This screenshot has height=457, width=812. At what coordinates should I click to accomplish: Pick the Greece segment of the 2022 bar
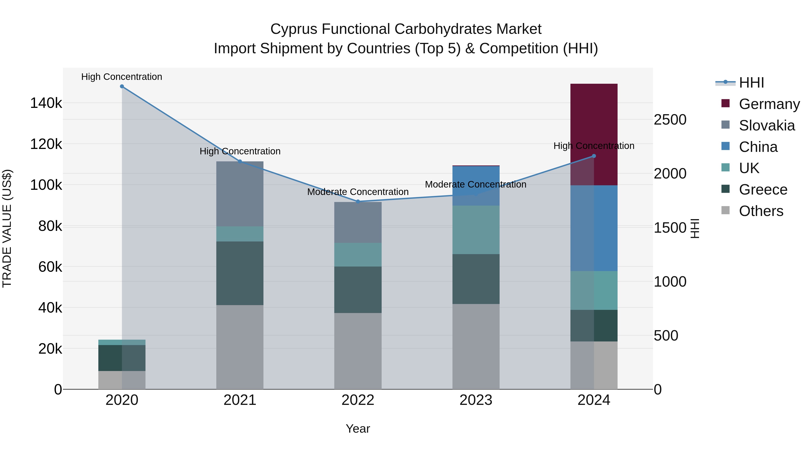click(358, 290)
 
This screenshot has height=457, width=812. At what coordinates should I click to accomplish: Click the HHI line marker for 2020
click(122, 86)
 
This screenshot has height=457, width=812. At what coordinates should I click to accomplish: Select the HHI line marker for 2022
click(358, 201)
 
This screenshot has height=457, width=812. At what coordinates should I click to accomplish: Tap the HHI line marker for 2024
click(594, 156)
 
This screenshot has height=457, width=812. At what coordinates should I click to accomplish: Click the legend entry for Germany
click(769, 104)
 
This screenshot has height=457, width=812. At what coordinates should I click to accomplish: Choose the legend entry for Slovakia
click(767, 125)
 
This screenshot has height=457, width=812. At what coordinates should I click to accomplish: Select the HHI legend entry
click(752, 83)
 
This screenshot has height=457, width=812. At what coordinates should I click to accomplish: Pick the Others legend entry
click(761, 211)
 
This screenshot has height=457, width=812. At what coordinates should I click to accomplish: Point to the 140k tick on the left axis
click(46, 103)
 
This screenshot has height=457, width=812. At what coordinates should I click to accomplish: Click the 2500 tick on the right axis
click(670, 120)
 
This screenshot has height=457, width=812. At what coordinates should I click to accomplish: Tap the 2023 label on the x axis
click(476, 400)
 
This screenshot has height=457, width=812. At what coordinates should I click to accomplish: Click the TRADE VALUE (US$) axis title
click(7, 228)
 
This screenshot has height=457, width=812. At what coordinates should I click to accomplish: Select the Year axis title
click(358, 429)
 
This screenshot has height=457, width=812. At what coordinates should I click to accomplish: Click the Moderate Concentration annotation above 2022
click(358, 192)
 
